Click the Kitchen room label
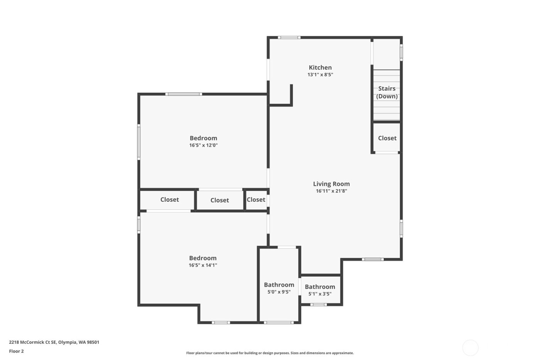(x=320, y=68)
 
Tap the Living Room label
(x=331, y=184)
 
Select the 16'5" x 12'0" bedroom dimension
(x=203, y=145)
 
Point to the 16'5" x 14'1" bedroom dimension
(x=203, y=265)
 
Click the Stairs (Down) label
(x=387, y=93)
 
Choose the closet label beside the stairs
(x=387, y=138)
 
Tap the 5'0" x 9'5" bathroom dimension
(x=279, y=292)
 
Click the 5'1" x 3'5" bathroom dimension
(x=320, y=294)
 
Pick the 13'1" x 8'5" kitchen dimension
(x=320, y=75)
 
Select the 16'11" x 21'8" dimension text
(x=331, y=191)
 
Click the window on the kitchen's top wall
(x=290, y=37)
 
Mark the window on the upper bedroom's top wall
(x=184, y=94)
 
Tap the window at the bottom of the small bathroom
(x=318, y=305)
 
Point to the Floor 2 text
(x=16, y=352)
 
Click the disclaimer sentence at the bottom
(x=270, y=353)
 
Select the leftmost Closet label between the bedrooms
(x=170, y=199)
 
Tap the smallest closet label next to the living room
(x=256, y=199)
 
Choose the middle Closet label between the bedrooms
(x=219, y=200)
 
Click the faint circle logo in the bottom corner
(x=470, y=348)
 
